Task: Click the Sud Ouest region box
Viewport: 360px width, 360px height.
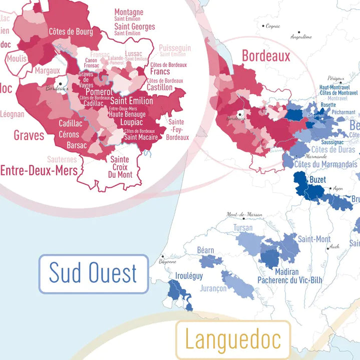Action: click(94, 273)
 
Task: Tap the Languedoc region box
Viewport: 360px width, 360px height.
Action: click(233, 339)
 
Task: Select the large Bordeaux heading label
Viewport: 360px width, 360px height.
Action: click(266, 56)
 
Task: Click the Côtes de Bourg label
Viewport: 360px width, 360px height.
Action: click(71, 32)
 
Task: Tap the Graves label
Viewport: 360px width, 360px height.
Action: click(29, 135)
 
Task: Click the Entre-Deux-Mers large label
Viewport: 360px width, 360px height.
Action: click(39, 171)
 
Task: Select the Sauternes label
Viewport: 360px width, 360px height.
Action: click(62, 159)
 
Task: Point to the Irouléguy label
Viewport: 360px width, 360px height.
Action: click(189, 276)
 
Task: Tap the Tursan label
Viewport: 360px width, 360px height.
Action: click(243, 228)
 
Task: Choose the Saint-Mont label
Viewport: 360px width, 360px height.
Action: click(314, 239)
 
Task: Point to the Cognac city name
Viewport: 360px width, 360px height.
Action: click(273, 26)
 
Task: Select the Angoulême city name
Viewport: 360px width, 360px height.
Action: click(301, 37)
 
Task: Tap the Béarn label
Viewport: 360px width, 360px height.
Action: click(206, 250)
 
